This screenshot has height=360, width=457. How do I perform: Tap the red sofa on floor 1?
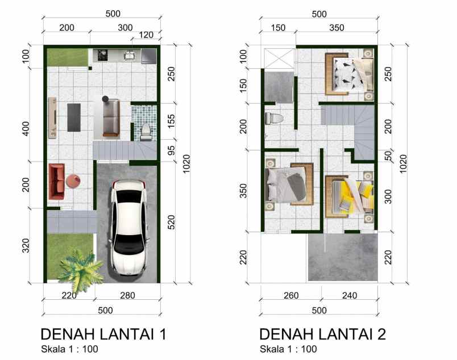pyautogui.click(x=56, y=181)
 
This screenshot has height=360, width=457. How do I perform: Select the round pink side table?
pyautogui.click(x=73, y=181)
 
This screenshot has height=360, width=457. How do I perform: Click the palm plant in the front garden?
pyautogui.click(x=80, y=267)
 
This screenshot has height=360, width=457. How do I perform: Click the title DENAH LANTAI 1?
pyautogui.click(x=102, y=333)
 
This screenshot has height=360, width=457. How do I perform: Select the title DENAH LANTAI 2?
pyautogui.click(x=322, y=333)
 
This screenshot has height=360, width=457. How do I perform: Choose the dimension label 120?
pyautogui.click(x=146, y=35)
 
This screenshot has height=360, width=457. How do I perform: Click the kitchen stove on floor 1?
pyautogui.click(x=103, y=55)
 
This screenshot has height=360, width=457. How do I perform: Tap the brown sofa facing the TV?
pyautogui.click(x=110, y=117)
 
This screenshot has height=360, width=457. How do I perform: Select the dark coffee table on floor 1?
pyautogui.click(x=74, y=117)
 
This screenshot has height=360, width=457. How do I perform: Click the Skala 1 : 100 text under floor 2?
pyautogui.click(x=288, y=349)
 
